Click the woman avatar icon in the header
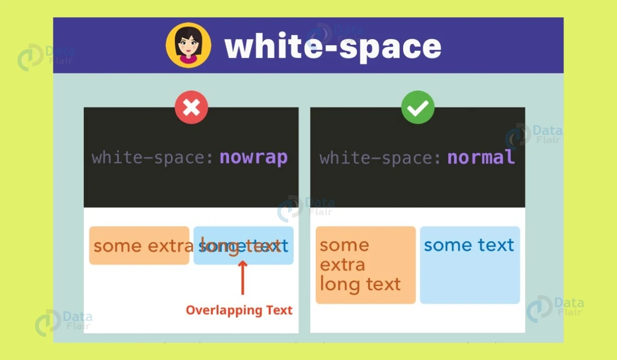coord(188,45)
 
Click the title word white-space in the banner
coord(333,47)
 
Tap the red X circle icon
coord(191,107)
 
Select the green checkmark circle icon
coord(418,107)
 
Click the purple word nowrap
coord(253,157)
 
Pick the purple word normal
coord(481,157)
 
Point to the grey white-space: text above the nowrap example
coord(153,157)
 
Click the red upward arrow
coord(243,278)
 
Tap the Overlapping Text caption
coord(239,310)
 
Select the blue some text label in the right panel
coord(469,245)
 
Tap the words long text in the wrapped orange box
coord(360,284)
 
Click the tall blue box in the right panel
coord(470,278)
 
